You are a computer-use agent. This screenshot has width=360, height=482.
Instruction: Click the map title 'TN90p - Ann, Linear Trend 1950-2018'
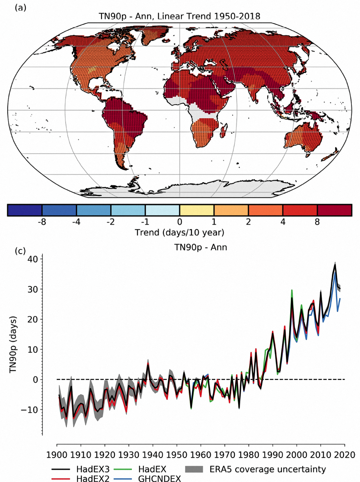point(179,16)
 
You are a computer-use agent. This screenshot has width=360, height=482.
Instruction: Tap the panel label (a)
point(20,7)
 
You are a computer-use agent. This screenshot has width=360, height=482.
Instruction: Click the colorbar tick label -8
point(42,222)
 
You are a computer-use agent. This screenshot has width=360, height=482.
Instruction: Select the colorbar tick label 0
point(179,222)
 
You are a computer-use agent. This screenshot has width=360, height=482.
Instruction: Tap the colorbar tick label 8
point(317,222)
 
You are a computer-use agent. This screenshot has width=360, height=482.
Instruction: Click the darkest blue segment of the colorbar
point(25,210)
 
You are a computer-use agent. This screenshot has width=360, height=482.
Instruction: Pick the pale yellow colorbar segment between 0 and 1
point(196,210)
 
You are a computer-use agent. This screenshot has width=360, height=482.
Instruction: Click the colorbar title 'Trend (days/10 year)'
point(179,232)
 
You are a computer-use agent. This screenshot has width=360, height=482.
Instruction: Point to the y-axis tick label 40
point(33,259)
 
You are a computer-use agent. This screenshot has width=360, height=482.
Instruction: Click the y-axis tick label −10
point(30,410)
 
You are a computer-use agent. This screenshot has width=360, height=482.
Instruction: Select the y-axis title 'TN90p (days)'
point(13,344)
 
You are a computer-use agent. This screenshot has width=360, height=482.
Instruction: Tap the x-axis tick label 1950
point(177,455)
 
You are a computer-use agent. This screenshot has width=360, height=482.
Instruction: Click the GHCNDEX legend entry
point(159,479)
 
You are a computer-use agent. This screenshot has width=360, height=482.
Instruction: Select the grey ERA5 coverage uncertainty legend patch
point(194,469)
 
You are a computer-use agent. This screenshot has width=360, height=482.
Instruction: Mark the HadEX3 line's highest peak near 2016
point(335,265)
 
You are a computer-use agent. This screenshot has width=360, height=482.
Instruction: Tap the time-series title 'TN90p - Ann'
point(201,247)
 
